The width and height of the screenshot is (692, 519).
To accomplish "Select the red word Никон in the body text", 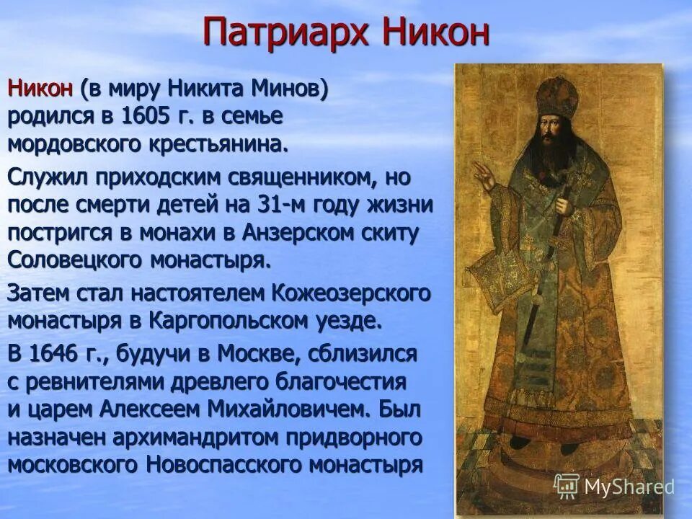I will pyautogui.click(x=40, y=89).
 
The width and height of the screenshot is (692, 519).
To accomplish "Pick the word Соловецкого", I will pyautogui.click(x=75, y=259).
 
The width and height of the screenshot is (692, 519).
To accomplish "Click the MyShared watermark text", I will pyautogui.click(x=629, y=486).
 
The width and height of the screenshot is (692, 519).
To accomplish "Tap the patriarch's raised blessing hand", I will pyautogui.click(x=484, y=172).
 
